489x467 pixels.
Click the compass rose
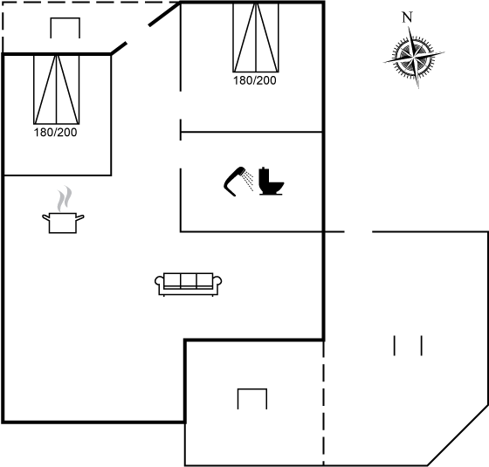point(414,58)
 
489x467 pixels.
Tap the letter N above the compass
point(407,17)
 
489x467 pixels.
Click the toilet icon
point(271,182)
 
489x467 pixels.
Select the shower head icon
point(235,182)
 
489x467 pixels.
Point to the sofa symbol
point(189,284)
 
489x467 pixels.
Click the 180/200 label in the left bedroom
point(55,133)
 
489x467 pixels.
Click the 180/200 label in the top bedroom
point(255,80)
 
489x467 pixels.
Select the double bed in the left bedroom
point(57,89)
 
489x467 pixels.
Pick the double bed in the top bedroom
point(256,38)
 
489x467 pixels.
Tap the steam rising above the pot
point(65,198)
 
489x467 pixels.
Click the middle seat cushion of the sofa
point(189,279)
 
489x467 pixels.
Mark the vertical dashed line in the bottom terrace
point(323,403)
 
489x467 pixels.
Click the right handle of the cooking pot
point(80,217)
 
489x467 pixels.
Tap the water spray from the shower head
point(249,180)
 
